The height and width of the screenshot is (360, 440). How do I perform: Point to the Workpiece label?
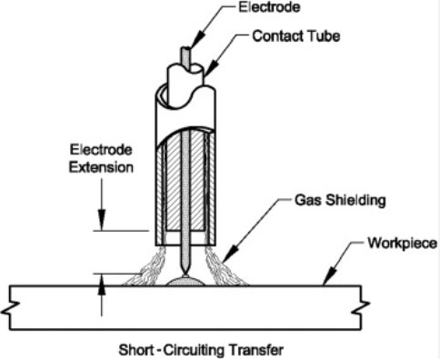[x=397, y=244]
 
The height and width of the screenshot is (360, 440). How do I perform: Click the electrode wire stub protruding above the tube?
[x=186, y=55]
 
